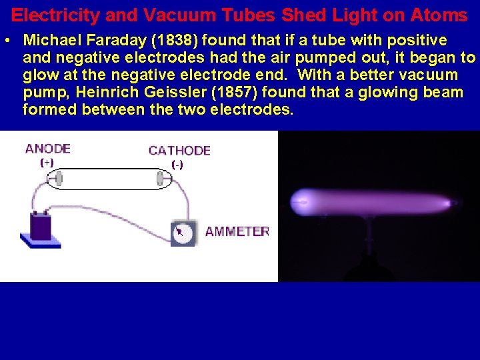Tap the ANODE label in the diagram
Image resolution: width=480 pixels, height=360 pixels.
[x=47, y=149]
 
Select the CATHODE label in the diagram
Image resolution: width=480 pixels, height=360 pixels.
[x=179, y=151]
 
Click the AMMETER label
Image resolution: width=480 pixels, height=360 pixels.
[x=237, y=231]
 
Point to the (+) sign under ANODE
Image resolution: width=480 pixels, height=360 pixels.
[x=47, y=162]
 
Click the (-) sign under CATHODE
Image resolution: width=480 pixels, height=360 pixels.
[x=177, y=164]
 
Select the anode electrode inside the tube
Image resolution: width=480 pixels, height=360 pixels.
[x=59, y=179]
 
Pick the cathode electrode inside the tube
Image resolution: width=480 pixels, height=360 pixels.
[x=160, y=179]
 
